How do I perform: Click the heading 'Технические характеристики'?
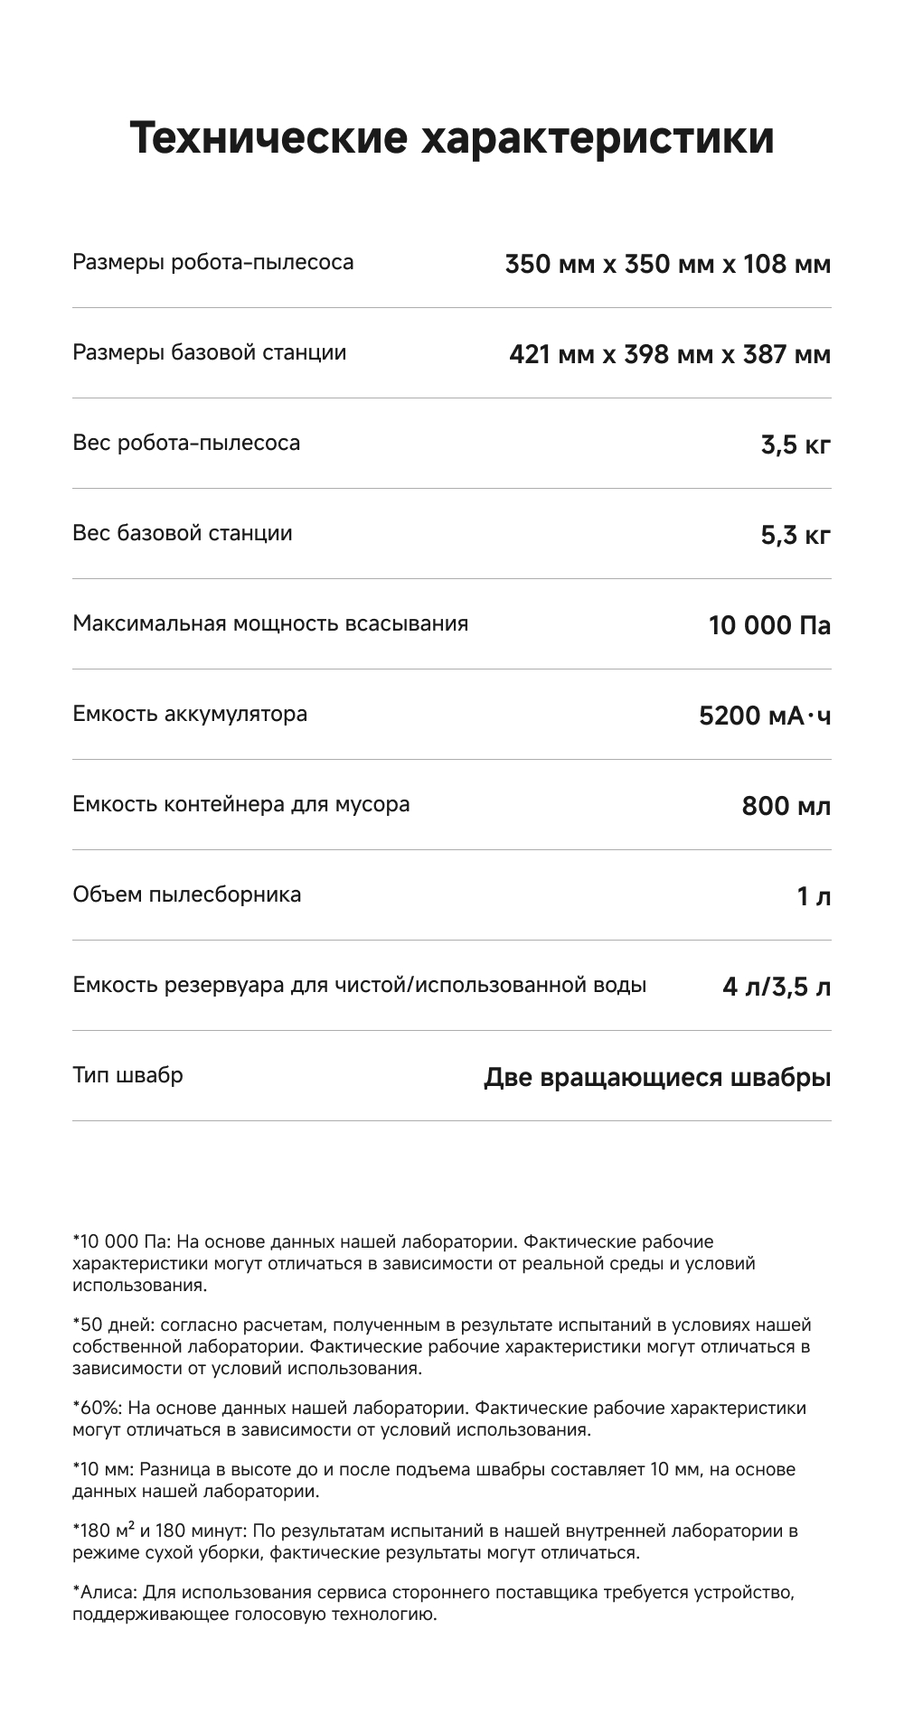coord(452,138)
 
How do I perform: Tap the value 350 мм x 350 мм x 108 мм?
coord(667,265)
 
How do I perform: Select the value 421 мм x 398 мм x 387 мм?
coord(669,355)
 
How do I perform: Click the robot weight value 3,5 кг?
coord(795,445)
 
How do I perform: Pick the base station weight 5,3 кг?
coord(795,536)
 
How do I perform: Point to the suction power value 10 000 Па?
coord(769,626)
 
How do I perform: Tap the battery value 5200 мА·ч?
coord(765,716)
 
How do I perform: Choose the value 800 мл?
coord(786,807)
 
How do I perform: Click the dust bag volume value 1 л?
coord(814,897)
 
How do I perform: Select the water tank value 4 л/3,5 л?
coord(777,988)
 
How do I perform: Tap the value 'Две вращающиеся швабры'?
coord(657,1078)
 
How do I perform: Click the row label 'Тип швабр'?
coord(127,1075)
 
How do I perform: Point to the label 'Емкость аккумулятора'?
coord(190,714)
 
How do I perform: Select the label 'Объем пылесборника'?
coord(187,894)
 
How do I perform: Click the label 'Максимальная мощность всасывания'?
coord(270,623)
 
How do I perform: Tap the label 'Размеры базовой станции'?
coord(209,352)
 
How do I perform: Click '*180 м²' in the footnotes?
coord(104,1531)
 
